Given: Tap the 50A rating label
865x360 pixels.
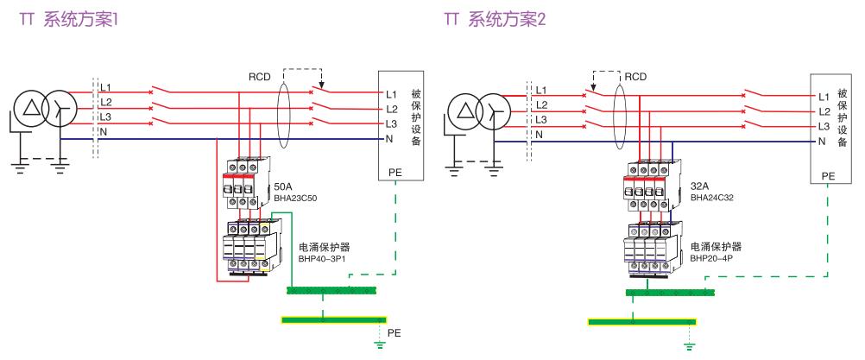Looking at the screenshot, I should pos(281,186).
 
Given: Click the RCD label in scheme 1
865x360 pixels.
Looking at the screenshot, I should pos(261,75).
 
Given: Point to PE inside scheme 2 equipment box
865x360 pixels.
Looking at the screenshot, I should pos(828,175).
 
